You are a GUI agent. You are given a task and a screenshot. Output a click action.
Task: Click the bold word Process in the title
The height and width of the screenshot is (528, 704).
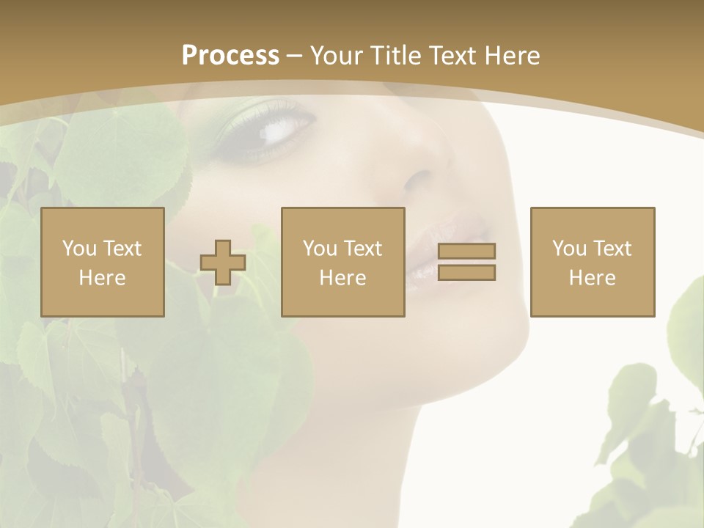(x=230, y=56)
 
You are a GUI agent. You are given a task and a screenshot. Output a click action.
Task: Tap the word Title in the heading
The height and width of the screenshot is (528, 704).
(x=395, y=56)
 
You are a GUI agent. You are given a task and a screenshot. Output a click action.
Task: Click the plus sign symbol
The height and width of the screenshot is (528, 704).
(x=223, y=263)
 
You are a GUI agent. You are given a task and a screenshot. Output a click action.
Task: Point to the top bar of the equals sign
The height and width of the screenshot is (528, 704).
(x=466, y=251)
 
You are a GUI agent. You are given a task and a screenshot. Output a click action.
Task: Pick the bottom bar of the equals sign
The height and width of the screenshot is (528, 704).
(x=466, y=273)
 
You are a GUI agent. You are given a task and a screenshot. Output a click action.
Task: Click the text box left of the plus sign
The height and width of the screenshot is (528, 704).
(x=103, y=263)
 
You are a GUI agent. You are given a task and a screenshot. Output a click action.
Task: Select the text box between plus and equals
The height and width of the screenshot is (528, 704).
(x=343, y=263)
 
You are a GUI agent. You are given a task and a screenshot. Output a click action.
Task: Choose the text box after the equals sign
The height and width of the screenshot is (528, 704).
(x=593, y=263)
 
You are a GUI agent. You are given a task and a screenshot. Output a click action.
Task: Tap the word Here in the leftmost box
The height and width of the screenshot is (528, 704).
(x=103, y=278)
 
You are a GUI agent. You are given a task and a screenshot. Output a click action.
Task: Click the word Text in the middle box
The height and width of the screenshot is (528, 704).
(x=364, y=249)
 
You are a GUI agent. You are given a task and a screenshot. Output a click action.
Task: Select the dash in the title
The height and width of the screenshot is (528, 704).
(x=295, y=56)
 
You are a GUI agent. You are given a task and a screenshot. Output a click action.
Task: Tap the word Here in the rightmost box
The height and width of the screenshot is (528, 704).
(x=593, y=278)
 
